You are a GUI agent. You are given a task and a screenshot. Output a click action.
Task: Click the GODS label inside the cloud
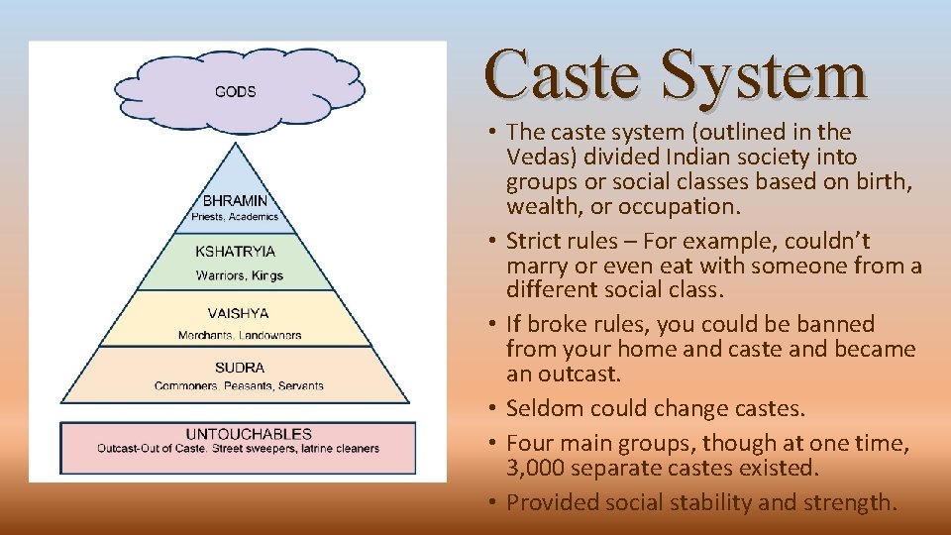tap(235, 92)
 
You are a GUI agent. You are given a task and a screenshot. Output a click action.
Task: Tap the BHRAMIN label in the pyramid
tap(235, 200)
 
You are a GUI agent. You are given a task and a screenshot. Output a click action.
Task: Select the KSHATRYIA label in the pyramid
tap(235, 252)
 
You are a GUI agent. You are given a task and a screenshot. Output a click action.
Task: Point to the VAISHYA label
tap(238, 313)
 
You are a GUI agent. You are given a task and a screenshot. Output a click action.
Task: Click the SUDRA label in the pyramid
tap(239, 368)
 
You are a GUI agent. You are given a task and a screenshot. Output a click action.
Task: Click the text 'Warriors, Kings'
tap(239, 274)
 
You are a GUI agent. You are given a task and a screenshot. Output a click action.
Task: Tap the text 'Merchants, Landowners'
tap(239, 335)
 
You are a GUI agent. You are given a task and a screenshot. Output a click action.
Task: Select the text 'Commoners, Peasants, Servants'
tap(239, 385)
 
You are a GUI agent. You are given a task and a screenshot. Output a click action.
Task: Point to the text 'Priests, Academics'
tap(235, 217)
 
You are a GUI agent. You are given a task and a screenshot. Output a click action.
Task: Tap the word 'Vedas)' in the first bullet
tap(539, 157)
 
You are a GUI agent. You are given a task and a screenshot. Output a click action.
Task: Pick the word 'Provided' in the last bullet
tap(550, 502)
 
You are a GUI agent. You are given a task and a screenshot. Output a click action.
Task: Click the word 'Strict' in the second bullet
tap(535, 241)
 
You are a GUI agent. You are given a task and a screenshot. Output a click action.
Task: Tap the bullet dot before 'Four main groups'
tap(492, 442)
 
